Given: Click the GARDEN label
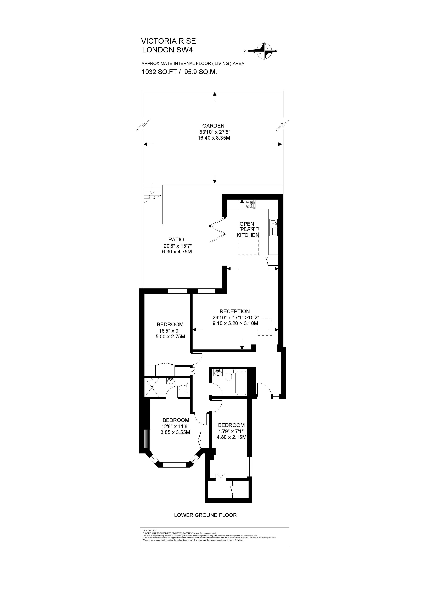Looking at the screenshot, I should (x=213, y=126).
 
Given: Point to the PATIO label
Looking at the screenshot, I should (x=176, y=239).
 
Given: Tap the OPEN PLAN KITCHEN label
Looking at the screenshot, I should (x=248, y=229).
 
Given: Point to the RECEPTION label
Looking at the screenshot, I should (x=235, y=311).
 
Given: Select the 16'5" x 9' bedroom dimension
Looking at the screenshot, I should (x=170, y=331).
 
